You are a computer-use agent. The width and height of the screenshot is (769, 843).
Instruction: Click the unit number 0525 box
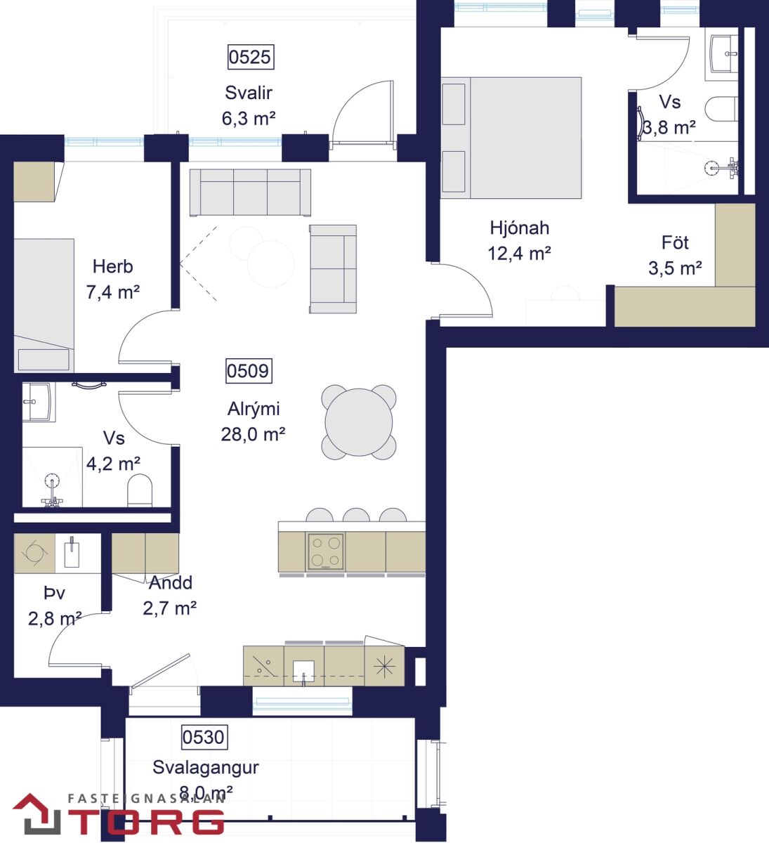pos(251,57)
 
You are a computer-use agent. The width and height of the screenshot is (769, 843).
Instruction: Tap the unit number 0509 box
pos(249,371)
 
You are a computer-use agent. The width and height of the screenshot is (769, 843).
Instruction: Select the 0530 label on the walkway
pos(204,737)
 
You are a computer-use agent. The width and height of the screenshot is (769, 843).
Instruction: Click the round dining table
pos(358,422)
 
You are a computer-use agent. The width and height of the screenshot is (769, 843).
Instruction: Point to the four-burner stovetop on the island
pos(326,551)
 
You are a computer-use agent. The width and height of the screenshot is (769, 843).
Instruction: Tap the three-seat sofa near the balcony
pos(251,192)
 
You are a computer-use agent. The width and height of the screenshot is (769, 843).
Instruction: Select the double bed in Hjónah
pos(511,138)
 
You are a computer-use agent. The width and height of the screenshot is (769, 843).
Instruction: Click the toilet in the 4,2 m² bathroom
pos(140,490)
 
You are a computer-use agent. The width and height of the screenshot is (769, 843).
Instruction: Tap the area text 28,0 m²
pos(253,434)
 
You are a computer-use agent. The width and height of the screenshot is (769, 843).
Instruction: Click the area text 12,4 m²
pos(520,254)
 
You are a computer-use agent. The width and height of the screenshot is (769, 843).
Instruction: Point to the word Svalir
pos(249,93)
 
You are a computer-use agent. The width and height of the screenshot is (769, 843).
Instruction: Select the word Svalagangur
pos(206,767)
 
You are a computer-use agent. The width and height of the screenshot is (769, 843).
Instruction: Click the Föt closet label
pos(675,242)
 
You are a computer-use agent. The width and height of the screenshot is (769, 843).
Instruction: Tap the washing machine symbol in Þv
pos(34,553)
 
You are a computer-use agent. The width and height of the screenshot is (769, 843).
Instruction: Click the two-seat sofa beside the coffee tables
pos(333,269)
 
